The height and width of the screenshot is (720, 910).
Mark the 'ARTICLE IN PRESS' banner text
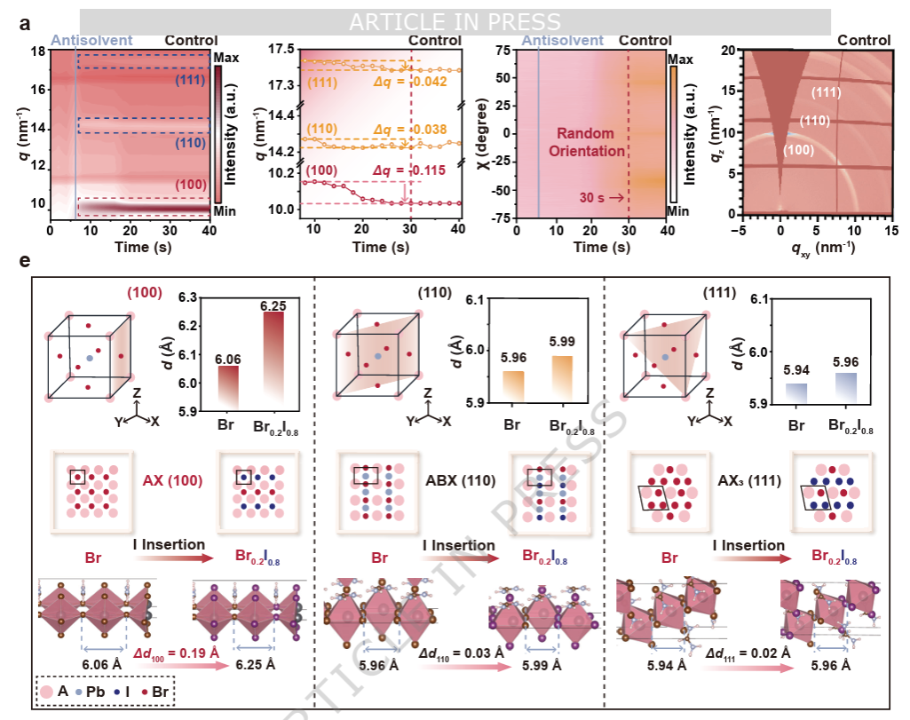pyautogui.click(x=455, y=21)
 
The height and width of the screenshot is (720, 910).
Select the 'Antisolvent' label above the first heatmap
pyautogui.click(x=91, y=40)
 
